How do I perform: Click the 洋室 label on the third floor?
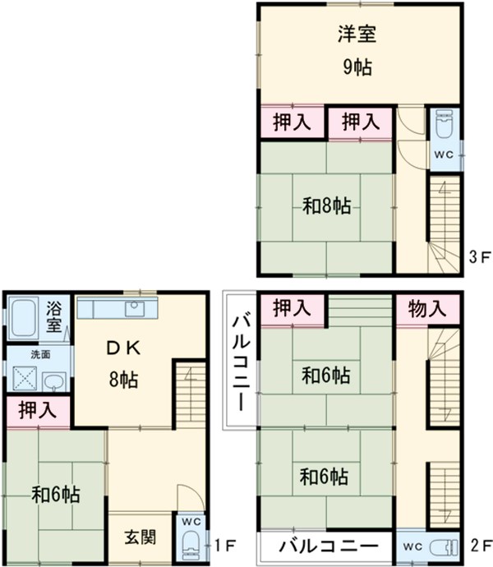click(x=357, y=34)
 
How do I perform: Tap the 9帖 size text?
click(x=357, y=67)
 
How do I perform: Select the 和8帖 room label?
click(x=327, y=206)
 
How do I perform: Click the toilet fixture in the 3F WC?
click(x=445, y=124)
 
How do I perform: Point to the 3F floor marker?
click(x=480, y=257)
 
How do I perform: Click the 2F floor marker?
click(x=481, y=545)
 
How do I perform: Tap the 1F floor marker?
click(x=224, y=545)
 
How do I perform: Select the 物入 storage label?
click(x=426, y=309)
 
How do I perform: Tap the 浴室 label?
click(x=53, y=316)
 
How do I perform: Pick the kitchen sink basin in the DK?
click(x=135, y=308)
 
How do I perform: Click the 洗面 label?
click(x=40, y=354)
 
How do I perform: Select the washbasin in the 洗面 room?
click(x=54, y=381)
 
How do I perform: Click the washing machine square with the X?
click(x=25, y=378)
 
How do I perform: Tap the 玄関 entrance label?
click(x=141, y=537)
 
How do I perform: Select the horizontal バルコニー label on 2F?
click(x=329, y=546)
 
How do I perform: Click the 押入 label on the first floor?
click(x=38, y=410)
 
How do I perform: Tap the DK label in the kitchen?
click(x=123, y=348)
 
